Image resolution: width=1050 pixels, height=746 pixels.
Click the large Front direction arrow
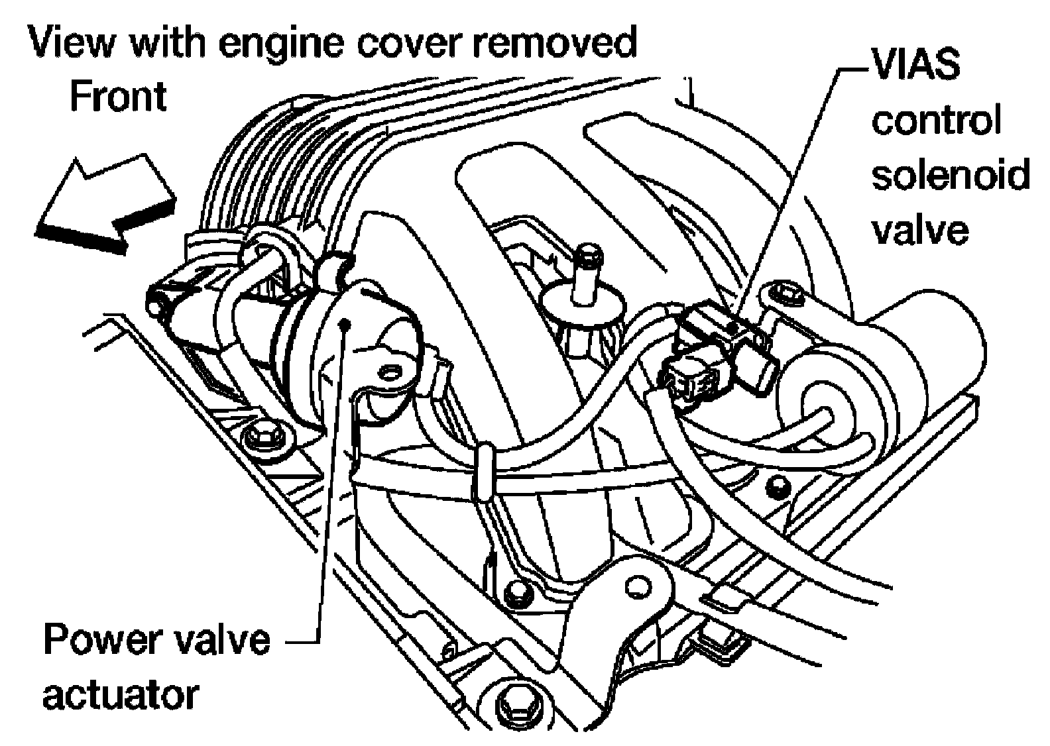(x=106, y=202)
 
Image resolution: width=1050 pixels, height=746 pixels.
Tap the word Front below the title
(x=117, y=97)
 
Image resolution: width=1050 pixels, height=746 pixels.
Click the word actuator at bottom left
(x=121, y=695)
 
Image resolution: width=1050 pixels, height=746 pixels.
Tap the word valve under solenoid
(x=920, y=229)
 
